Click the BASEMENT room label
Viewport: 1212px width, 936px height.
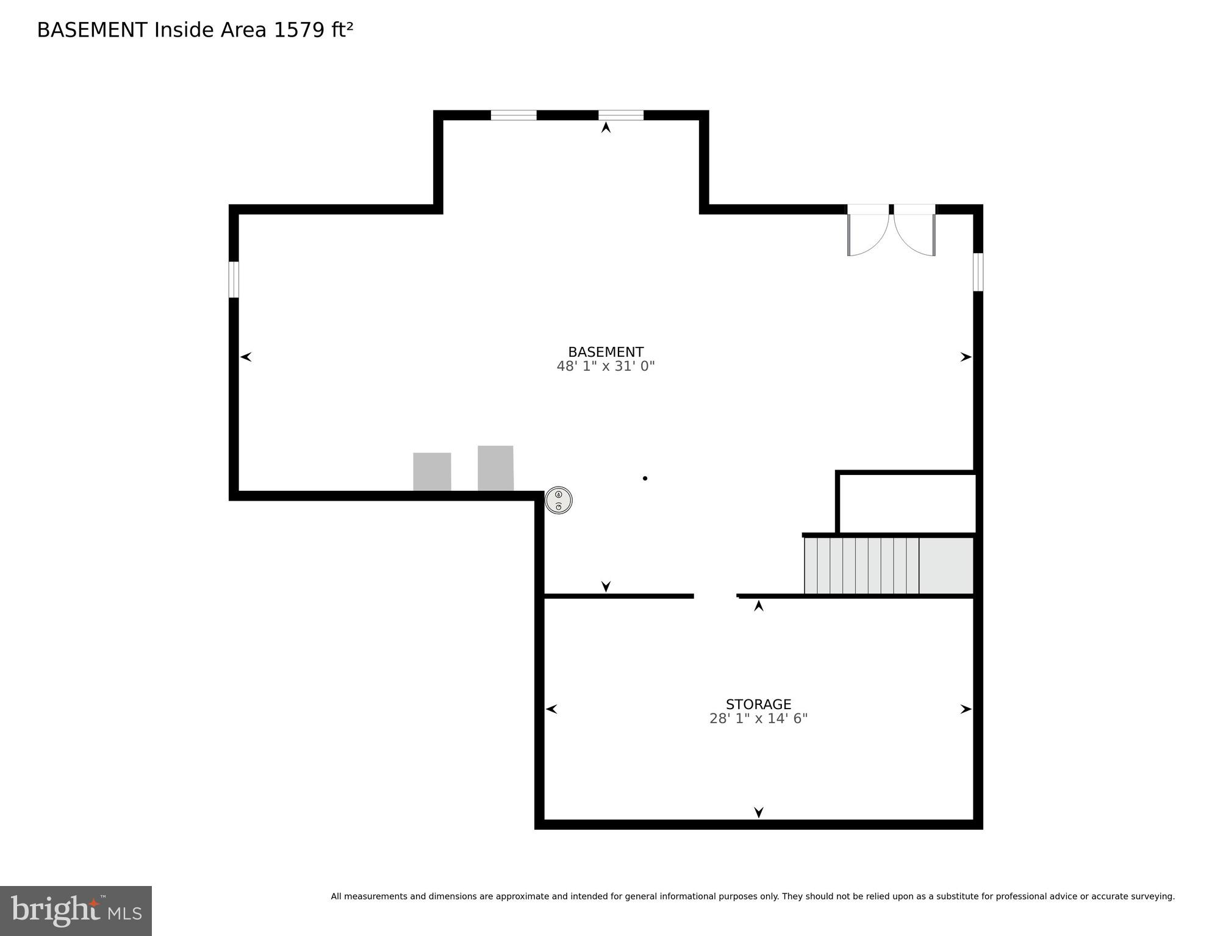click(x=605, y=352)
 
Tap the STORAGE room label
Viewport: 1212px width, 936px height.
click(x=758, y=704)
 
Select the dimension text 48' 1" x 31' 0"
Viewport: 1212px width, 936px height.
click(x=605, y=366)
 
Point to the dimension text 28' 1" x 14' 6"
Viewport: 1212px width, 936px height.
click(x=758, y=719)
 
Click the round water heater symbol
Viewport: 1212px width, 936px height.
click(x=558, y=501)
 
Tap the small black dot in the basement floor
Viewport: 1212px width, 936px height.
click(x=645, y=479)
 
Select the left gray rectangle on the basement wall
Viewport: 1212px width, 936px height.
click(x=432, y=471)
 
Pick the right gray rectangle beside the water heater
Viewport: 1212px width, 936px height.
click(x=495, y=468)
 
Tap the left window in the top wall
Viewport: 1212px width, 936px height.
click(x=514, y=115)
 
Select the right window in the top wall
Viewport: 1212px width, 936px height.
click(x=620, y=115)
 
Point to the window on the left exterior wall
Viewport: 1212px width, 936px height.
click(x=234, y=279)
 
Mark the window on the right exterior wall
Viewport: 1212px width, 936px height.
click(x=978, y=272)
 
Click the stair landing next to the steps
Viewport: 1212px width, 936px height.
click(x=945, y=565)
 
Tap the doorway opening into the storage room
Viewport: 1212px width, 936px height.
click(x=715, y=596)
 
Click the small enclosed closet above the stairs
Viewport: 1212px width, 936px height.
click(x=907, y=503)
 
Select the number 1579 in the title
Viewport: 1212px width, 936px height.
click(x=299, y=30)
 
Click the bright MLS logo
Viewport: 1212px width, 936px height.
click(x=76, y=910)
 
